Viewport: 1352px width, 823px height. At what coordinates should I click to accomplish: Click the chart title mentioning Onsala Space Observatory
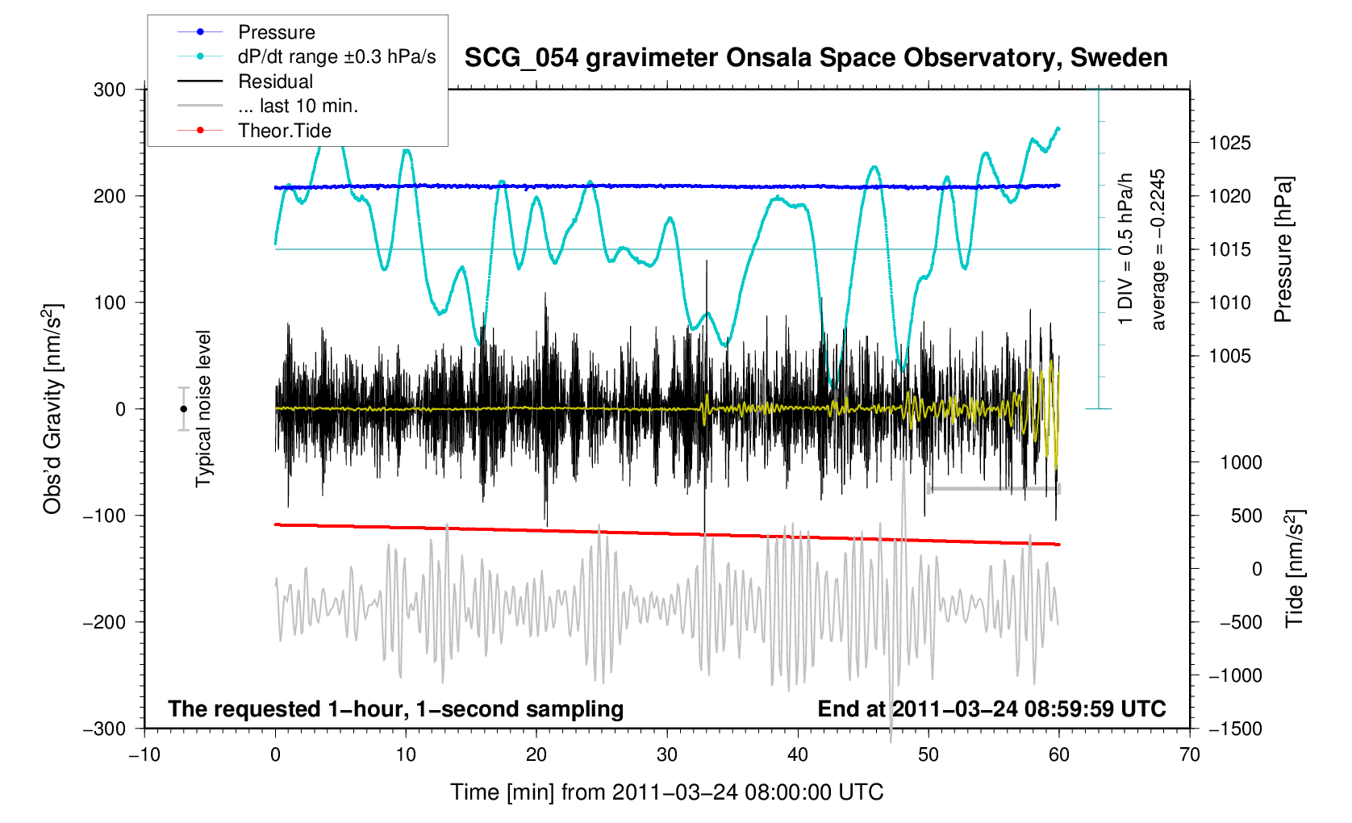pyautogui.click(x=816, y=58)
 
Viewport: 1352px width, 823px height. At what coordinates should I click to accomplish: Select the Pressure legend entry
pyautogui.click(x=276, y=32)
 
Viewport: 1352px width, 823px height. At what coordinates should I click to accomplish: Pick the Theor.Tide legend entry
pyautogui.click(x=284, y=131)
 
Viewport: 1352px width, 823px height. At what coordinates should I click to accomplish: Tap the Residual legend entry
pyautogui.click(x=275, y=81)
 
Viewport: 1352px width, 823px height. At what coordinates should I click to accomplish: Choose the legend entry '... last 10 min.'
pyautogui.click(x=298, y=106)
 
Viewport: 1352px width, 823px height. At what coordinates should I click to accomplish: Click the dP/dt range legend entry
pyautogui.click(x=336, y=56)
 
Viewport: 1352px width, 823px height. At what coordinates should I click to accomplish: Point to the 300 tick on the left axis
pyautogui.click(x=110, y=90)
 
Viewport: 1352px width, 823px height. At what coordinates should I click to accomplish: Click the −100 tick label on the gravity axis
pyautogui.click(x=105, y=516)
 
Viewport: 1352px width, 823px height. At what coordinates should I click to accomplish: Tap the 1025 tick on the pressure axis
pyautogui.click(x=1229, y=143)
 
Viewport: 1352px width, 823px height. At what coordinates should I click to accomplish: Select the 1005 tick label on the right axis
pyautogui.click(x=1229, y=356)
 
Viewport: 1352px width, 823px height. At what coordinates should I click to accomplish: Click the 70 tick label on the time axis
pyautogui.click(x=1189, y=754)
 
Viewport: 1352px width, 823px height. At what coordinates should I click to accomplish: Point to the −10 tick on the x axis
pyautogui.click(x=144, y=754)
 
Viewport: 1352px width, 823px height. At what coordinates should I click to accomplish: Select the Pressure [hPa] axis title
pyautogui.click(x=1283, y=249)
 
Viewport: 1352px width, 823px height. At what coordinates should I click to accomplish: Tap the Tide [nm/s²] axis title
pyautogui.click(x=1294, y=569)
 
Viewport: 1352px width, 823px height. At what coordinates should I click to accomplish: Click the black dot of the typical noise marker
pyautogui.click(x=183, y=409)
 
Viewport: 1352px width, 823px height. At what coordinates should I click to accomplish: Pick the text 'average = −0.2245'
pyautogui.click(x=1158, y=249)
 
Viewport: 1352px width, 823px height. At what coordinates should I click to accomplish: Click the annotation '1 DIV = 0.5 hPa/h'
pyautogui.click(x=1125, y=249)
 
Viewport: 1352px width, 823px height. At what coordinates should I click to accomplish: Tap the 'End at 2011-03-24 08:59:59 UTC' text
pyautogui.click(x=991, y=709)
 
